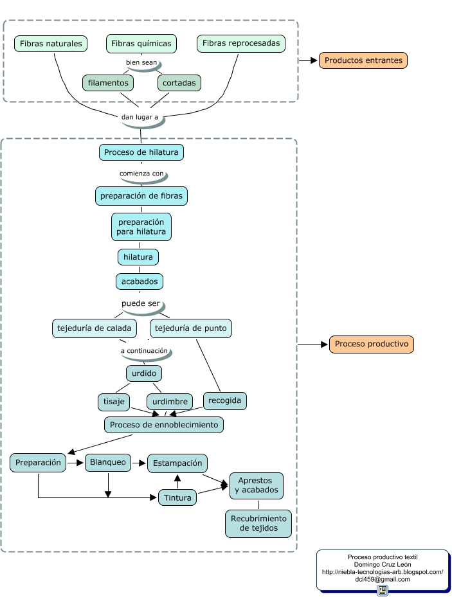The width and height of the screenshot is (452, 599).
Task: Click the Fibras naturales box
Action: [x=51, y=44]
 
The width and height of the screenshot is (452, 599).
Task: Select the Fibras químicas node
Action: [x=141, y=44]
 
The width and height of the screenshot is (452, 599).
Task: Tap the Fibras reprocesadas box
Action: [x=241, y=44]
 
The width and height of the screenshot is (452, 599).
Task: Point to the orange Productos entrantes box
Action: [x=363, y=60]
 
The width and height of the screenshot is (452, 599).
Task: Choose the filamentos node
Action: [x=108, y=83]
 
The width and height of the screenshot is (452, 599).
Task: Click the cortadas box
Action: [x=179, y=83]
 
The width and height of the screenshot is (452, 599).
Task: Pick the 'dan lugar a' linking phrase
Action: [x=140, y=117]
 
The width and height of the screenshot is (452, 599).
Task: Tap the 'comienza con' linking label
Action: [x=141, y=174]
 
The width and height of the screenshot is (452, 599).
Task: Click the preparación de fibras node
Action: [x=141, y=195]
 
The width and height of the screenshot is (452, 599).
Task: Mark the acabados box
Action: [x=139, y=281]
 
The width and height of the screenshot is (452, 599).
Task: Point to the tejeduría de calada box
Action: [x=95, y=328]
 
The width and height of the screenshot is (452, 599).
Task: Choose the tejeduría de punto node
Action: [x=191, y=328]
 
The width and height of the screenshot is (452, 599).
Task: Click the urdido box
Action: [x=143, y=373]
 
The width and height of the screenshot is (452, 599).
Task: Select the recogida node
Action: [x=225, y=400]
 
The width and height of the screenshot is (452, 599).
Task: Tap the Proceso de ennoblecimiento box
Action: [x=164, y=424]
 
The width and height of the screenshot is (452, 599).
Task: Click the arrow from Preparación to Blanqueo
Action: [x=76, y=462]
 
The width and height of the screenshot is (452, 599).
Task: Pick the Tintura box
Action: [x=177, y=497]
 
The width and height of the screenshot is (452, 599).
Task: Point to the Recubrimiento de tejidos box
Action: [x=258, y=523]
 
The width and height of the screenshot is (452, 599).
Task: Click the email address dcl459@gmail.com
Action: [x=382, y=579]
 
